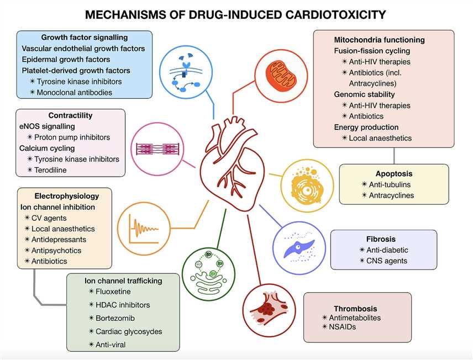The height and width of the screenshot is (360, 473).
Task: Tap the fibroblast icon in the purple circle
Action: click(298, 246)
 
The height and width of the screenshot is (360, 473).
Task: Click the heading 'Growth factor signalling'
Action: click(85, 38)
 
